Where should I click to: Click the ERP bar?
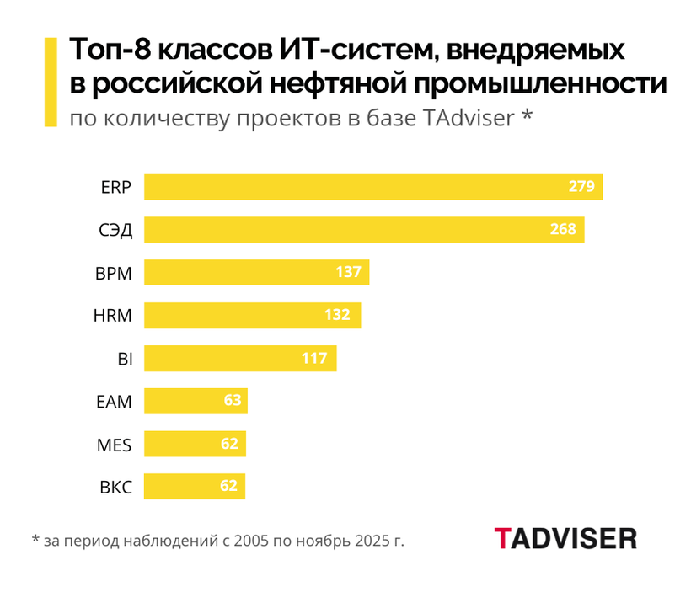[x=373, y=187]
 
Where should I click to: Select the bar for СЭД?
[x=364, y=230]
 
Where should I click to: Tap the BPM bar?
[x=256, y=273]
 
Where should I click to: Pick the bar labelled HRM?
[x=252, y=316]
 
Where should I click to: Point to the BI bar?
[x=240, y=359]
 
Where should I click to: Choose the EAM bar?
[x=196, y=401]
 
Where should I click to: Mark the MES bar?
[x=195, y=444]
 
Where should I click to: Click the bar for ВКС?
[x=195, y=487]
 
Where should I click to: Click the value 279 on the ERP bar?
[x=581, y=187]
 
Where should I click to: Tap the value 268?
[x=562, y=230]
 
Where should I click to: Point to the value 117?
[x=314, y=359]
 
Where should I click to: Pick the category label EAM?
[x=115, y=402]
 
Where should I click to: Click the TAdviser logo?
[x=565, y=538]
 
